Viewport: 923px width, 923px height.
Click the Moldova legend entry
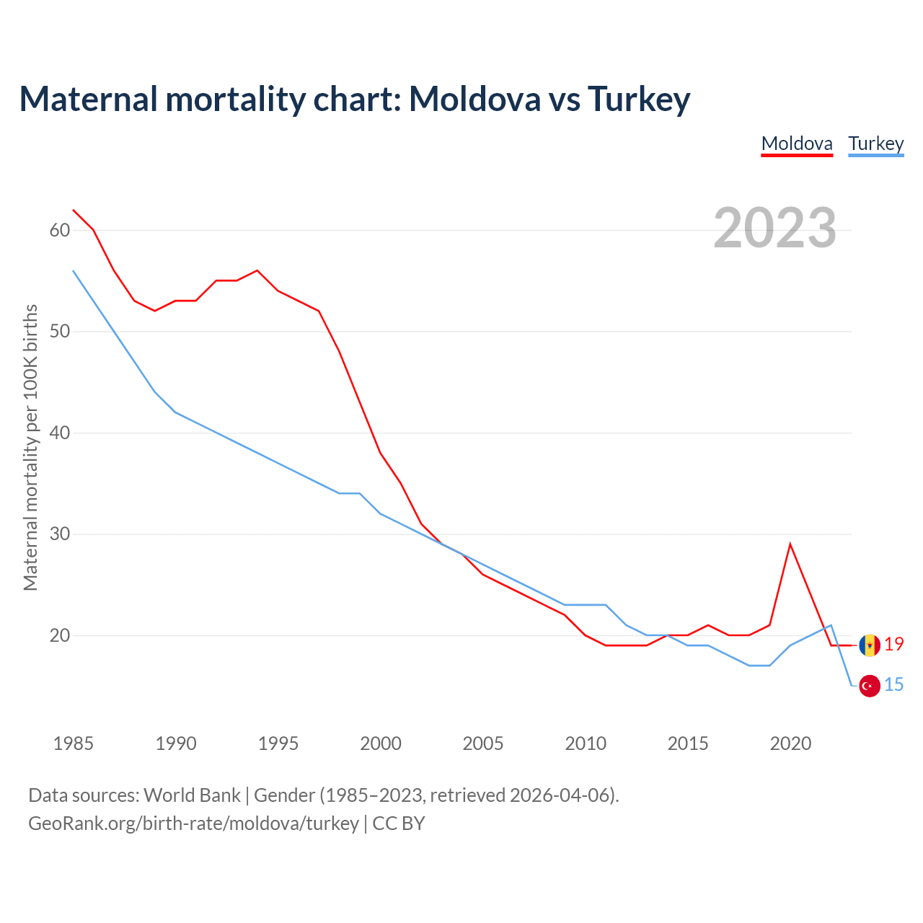[x=797, y=143]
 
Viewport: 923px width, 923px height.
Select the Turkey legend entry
[x=875, y=143]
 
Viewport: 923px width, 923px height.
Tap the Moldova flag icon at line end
[x=870, y=645]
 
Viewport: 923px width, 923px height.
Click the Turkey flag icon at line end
[x=870, y=686]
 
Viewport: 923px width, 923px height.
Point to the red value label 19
[x=894, y=645]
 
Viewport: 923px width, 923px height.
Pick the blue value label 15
[x=894, y=684]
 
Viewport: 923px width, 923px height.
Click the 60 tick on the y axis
[x=59, y=231]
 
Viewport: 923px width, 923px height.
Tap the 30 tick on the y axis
[x=59, y=534]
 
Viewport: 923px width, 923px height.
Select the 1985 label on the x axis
[x=73, y=743]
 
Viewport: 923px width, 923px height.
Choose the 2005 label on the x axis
[x=482, y=743]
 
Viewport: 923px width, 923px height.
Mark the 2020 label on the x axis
[x=790, y=743]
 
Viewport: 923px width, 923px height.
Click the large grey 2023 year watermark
[x=775, y=228]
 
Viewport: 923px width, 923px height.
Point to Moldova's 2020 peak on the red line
[x=790, y=544]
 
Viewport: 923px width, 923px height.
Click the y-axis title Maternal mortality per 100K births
[x=30, y=448]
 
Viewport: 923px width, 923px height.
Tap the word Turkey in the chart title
[x=639, y=99]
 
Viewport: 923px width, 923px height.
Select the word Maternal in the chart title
[x=89, y=99]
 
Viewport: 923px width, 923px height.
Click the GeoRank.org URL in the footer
[x=193, y=823]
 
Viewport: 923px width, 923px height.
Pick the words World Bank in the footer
[x=192, y=795]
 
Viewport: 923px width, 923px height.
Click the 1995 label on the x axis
[x=278, y=743]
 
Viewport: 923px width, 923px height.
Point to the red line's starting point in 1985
[x=74, y=211]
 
